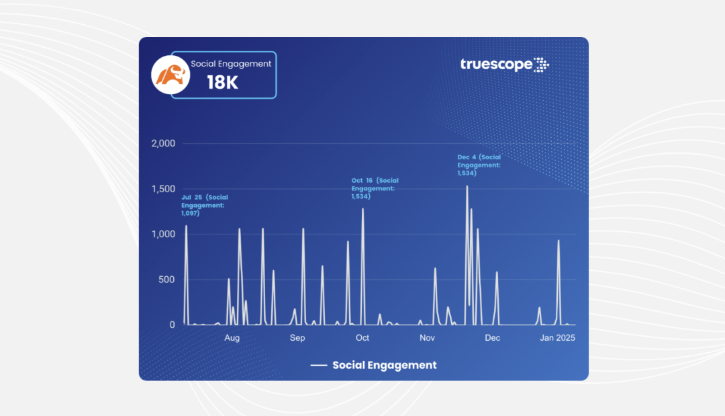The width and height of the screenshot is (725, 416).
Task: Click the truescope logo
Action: [x=505, y=65]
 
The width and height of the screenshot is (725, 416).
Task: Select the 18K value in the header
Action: [x=222, y=84]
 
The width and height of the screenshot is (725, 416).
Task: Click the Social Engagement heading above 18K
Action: [x=231, y=64]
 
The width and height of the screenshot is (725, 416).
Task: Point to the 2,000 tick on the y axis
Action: [x=162, y=143]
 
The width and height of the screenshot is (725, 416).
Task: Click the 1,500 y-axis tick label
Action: [x=163, y=189]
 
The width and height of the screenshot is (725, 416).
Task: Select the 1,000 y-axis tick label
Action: [x=163, y=234]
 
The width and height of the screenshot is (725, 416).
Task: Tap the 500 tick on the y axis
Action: [x=166, y=280]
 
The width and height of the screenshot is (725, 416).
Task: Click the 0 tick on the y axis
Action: [x=172, y=325]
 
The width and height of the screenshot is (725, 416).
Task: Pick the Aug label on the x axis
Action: [x=232, y=338]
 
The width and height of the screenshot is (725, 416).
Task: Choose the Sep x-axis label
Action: [x=297, y=338]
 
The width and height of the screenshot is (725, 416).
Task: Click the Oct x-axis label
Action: [x=362, y=338]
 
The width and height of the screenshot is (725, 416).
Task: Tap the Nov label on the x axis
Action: [x=427, y=338]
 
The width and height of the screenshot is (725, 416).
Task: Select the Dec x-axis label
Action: [x=493, y=338]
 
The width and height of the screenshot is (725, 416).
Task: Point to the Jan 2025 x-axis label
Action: [x=557, y=338]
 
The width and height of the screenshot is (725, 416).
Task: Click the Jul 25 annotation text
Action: [x=205, y=205]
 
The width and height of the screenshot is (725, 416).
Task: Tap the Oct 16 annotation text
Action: [x=375, y=188]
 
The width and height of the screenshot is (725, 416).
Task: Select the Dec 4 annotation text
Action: [x=479, y=165]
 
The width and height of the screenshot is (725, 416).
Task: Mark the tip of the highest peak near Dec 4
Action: [x=467, y=186]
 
